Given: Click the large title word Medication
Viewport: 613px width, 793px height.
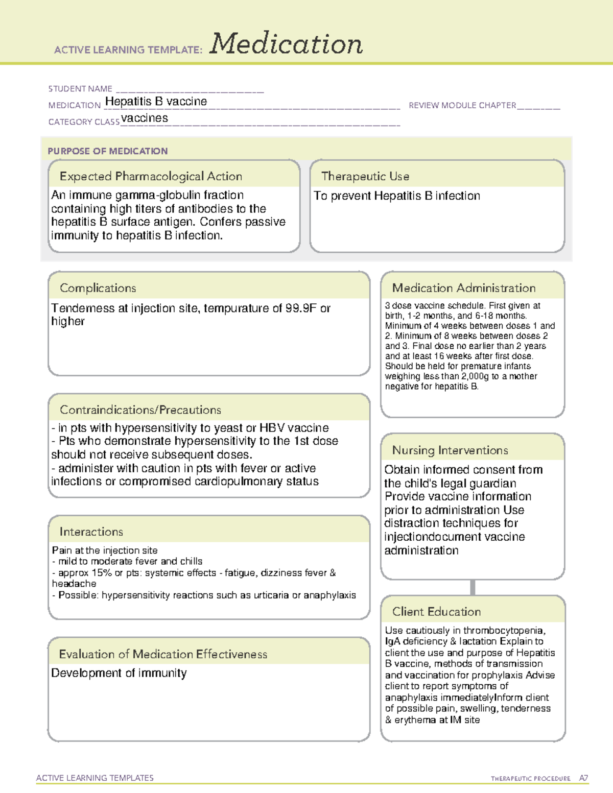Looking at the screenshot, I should coord(286,44).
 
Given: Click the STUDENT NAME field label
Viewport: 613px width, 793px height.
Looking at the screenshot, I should coord(80,89).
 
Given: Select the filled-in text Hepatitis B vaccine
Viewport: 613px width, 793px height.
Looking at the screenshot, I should coord(156,102).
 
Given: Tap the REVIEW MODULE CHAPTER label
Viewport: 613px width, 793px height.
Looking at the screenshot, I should coord(462,106).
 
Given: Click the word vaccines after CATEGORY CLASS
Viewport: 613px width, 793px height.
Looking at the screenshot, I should coord(145,118).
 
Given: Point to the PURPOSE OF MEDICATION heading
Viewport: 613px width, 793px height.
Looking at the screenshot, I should coord(108,151).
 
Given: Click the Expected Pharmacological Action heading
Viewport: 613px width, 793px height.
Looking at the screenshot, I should coord(151,176).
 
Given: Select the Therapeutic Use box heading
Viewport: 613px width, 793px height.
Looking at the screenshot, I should coord(365,176).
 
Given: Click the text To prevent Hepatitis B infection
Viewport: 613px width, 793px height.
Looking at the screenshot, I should coord(397,196).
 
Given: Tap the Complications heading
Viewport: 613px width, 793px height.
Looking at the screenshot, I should coord(98,288).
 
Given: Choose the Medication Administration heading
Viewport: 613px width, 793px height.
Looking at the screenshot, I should coord(464,288).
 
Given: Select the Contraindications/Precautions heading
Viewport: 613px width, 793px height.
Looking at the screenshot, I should coord(140,410).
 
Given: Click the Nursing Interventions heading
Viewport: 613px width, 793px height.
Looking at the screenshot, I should coord(450,450).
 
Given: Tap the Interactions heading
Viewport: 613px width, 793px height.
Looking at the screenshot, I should coord(91,532).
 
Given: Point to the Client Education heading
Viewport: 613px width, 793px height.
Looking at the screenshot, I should coord(437,612).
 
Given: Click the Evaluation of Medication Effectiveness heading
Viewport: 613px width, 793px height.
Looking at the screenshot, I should coord(163,654).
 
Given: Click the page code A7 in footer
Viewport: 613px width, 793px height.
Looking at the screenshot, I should coord(583,778).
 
